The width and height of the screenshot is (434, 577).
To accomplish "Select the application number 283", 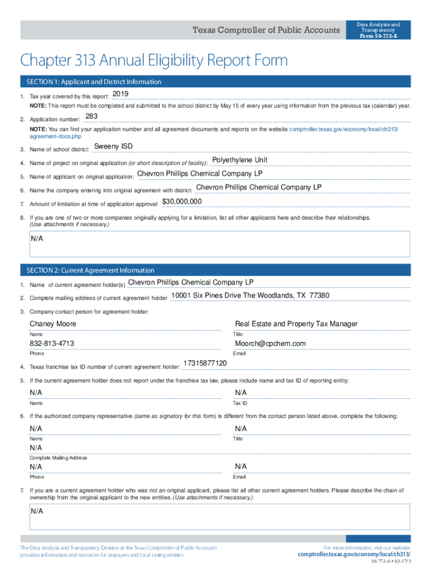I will (x=91, y=117).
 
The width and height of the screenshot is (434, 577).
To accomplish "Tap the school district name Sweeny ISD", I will (x=113, y=147).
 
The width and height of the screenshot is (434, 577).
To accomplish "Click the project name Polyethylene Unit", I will (x=240, y=160).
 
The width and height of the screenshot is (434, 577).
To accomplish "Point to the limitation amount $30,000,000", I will (x=182, y=201).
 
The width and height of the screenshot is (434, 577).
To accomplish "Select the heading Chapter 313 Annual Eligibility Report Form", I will (x=153, y=60).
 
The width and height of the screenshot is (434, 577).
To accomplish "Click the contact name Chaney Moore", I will (x=53, y=324).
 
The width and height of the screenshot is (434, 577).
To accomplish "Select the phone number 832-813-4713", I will (x=52, y=344).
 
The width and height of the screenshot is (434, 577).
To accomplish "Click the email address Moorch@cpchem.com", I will (x=270, y=344).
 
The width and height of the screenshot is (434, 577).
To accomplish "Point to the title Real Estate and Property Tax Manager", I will (x=296, y=324).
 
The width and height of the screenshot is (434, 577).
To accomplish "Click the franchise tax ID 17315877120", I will (x=205, y=363).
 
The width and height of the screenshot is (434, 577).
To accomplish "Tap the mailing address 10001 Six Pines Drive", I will (x=250, y=295).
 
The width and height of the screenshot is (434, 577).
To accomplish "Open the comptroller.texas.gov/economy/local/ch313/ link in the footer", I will (x=354, y=554).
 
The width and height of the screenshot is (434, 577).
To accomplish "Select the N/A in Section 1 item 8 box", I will (x=37, y=238).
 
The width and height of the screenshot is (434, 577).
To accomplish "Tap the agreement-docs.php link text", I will (x=55, y=136).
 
